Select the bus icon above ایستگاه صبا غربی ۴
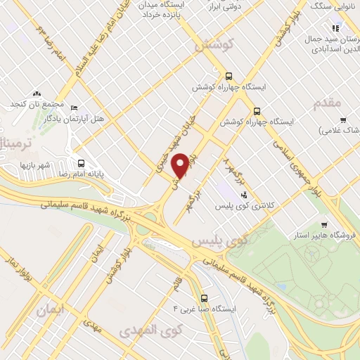(x=204, y=297)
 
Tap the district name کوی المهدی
(x=150, y=330)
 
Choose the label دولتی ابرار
(x=226, y=6)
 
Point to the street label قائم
(x=176, y=287)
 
